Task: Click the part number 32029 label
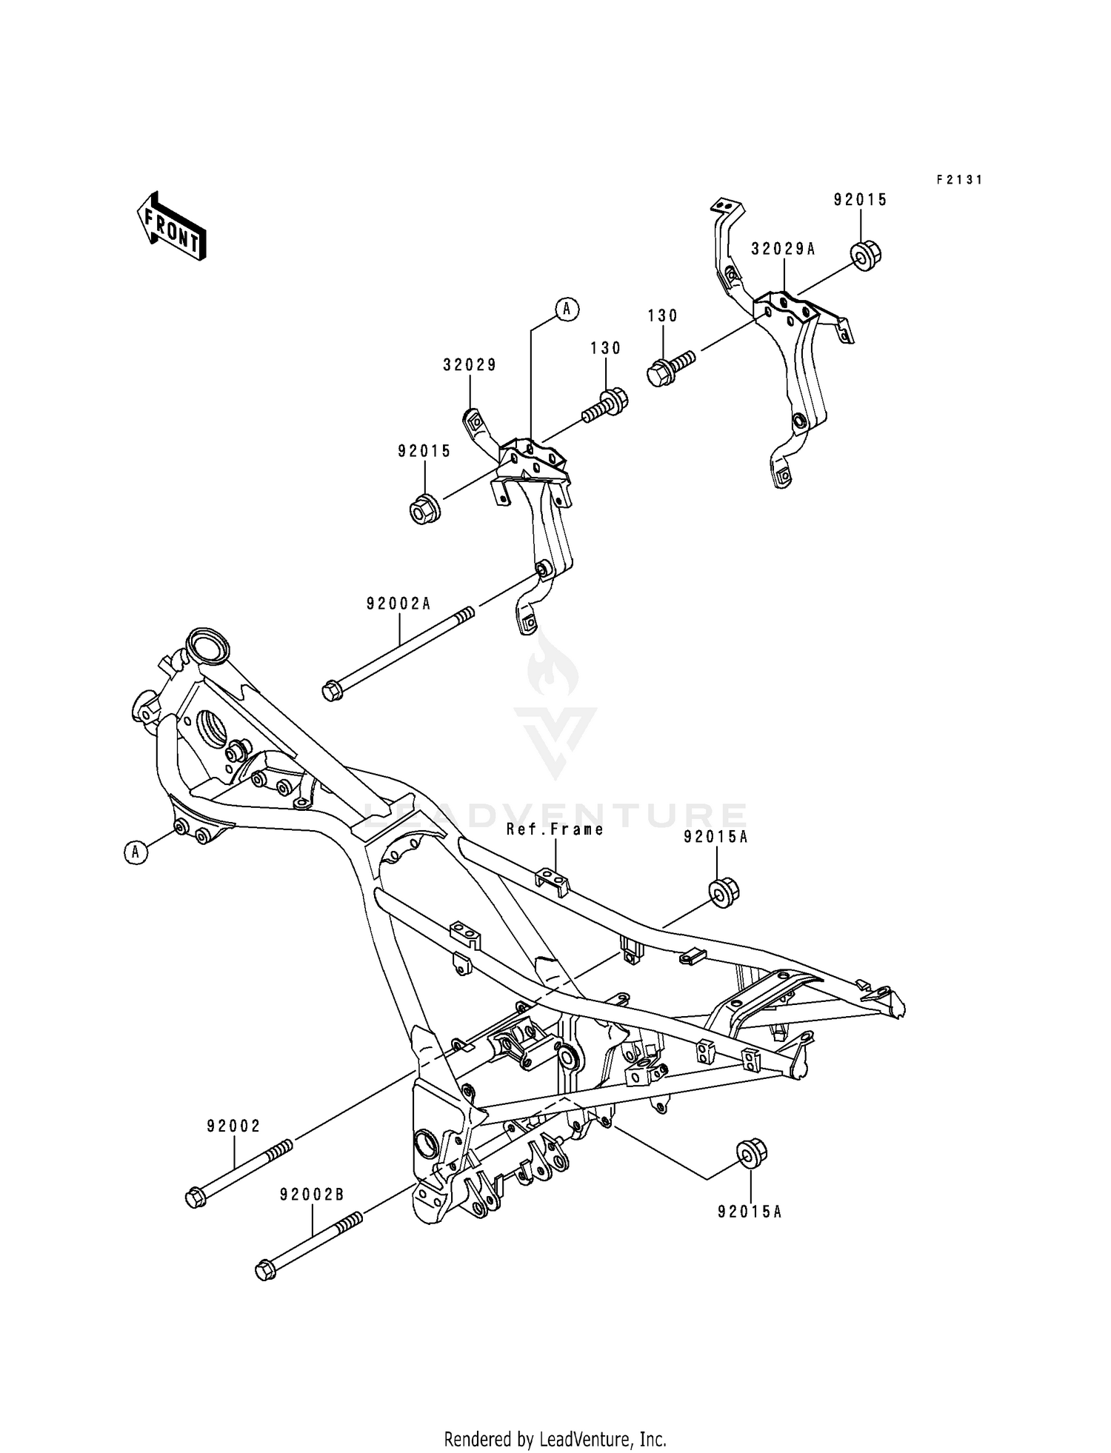point(470,365)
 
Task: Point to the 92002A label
point(398,604)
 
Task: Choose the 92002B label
point(312,1195)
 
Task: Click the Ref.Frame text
point(555,829)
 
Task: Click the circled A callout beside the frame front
point(135,852)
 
